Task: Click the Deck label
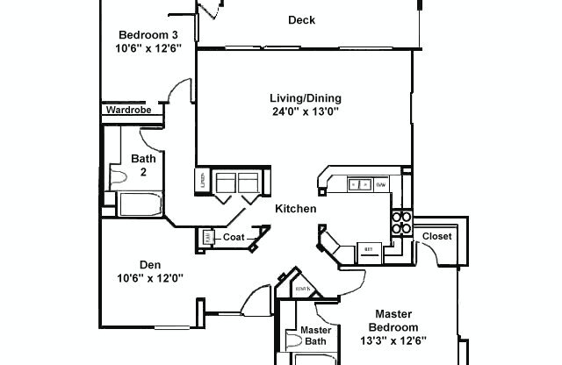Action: pos(301,20)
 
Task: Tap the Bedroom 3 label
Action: pos(148,35)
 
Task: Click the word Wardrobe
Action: pos(129,111)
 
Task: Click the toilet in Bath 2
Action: pos(119,175)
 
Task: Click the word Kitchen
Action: pos(295,209)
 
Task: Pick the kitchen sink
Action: pos(360,185)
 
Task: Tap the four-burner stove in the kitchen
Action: pos(401,223)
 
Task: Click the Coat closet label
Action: pos(233,236)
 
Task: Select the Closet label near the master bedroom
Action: pos(436,237)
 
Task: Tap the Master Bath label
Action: pos(315,336)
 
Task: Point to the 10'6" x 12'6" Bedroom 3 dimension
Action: pos(148,49)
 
